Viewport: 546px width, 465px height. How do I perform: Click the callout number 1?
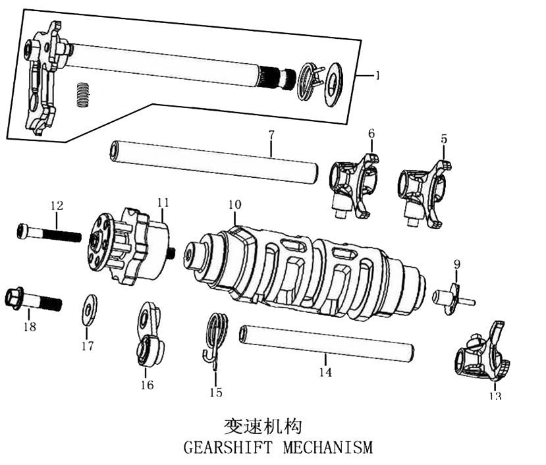377,75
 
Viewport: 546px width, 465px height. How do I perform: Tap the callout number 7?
271,134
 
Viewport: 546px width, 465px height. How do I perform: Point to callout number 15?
216,393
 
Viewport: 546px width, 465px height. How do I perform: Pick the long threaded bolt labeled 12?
49,232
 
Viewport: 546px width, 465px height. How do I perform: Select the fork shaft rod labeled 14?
326,343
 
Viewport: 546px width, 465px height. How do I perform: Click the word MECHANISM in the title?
327,448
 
